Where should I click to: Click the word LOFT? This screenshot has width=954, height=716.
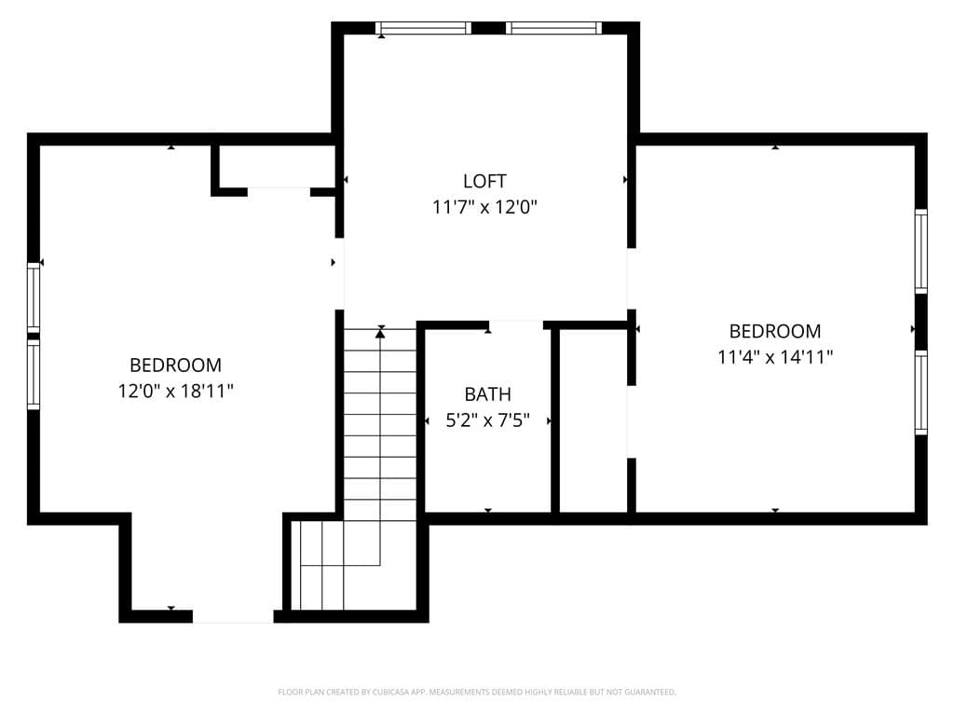(484, 181)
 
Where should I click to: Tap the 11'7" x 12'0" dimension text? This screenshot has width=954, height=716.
(484, 207)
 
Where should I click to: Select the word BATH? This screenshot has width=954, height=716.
(487, 394)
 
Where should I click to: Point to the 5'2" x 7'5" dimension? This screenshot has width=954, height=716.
(487, 420)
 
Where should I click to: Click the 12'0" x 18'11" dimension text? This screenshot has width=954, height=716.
(175, 391)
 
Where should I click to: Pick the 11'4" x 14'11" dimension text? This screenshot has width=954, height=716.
(774, 357)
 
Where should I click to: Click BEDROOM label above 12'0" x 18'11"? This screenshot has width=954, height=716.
(175, 365)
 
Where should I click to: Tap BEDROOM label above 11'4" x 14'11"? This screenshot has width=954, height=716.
(774, 331)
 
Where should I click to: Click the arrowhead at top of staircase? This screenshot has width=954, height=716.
(380, 332)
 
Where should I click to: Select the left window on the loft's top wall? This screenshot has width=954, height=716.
(424, 28)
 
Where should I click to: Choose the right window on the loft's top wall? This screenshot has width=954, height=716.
(553, 28)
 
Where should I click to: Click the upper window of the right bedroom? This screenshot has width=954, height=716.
(921, 252)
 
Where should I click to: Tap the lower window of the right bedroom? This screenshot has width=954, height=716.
(921, 392)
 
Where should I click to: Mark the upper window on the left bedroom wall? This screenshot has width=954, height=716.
(34, 299)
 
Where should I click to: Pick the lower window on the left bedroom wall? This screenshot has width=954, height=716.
(34, 374)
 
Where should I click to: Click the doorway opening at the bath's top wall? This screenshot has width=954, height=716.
(516, 325)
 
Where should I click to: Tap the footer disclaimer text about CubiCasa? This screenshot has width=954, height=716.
(477, 692)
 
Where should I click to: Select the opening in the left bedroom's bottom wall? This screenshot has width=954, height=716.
(233, 616)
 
